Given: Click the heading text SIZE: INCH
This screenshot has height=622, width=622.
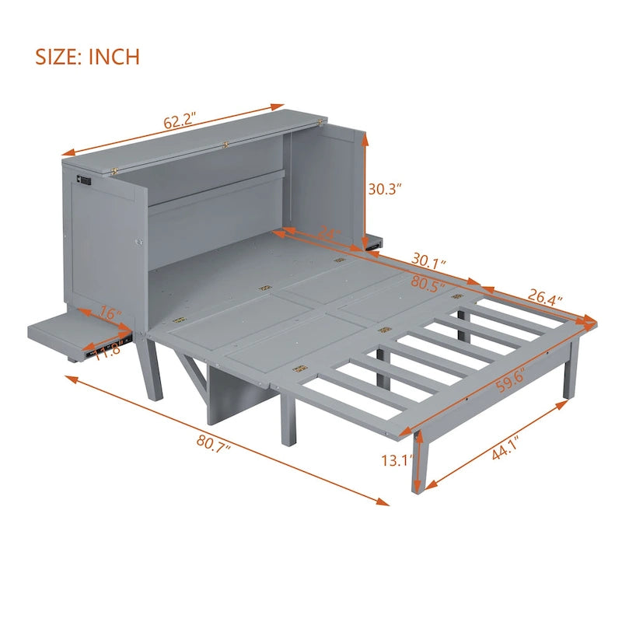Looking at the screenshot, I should click(x=88, y=56).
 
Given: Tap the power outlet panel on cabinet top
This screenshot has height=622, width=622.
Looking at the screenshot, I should click(x=84, y=180).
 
